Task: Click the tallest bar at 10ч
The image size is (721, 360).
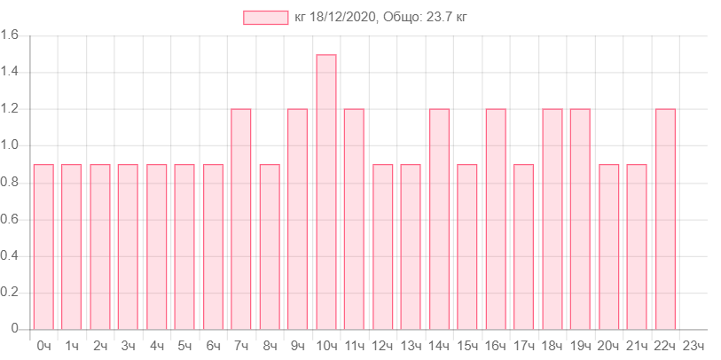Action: [x=326, y=191]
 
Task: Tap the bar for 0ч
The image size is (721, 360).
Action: [x=43, y=246]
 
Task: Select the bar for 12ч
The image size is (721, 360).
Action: [x=383, y=246]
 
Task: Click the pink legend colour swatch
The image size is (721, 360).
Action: [x=266, y=18]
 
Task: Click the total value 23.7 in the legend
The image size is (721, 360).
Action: [x=439, y=18]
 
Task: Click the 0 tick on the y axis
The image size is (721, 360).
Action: [x=14, y=328]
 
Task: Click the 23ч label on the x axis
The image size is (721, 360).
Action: [x=694, y=346]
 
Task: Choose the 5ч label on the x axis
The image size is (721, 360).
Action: [x=185, y=346]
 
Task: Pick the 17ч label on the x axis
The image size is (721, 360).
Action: [x=524, y=346]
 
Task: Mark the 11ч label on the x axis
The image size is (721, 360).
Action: [x=355, y=346]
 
